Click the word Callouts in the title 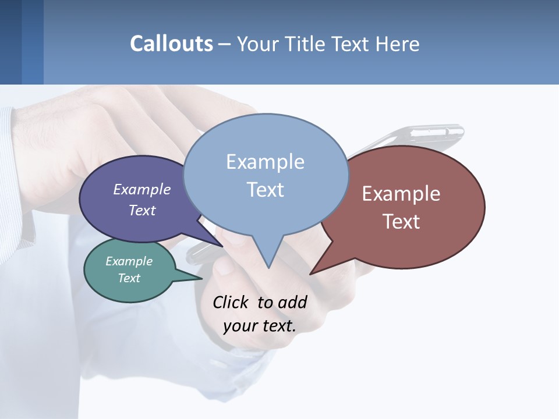coord(171,44)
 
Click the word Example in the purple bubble coord(142,189)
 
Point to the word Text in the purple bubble coord(142,210)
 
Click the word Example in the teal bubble coord(129,261)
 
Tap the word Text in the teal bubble coord(129,278)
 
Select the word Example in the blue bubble coord(265,162)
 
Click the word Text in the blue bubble coord(265,190)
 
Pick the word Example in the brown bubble coord(401,194)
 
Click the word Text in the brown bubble coord(401,222)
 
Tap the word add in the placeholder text coord(292,303)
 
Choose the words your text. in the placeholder coord(260,326)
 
